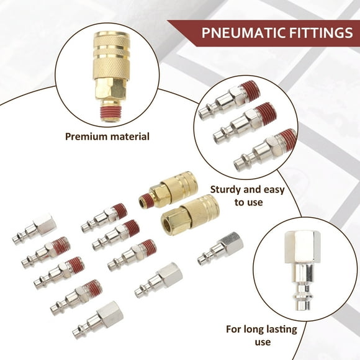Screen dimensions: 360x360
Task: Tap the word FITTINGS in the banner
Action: point(320,32)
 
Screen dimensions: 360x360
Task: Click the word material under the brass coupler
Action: point(128,136)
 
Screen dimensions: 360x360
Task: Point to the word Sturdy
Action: point(228,189)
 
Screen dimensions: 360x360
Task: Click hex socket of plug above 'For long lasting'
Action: point(301,245)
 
